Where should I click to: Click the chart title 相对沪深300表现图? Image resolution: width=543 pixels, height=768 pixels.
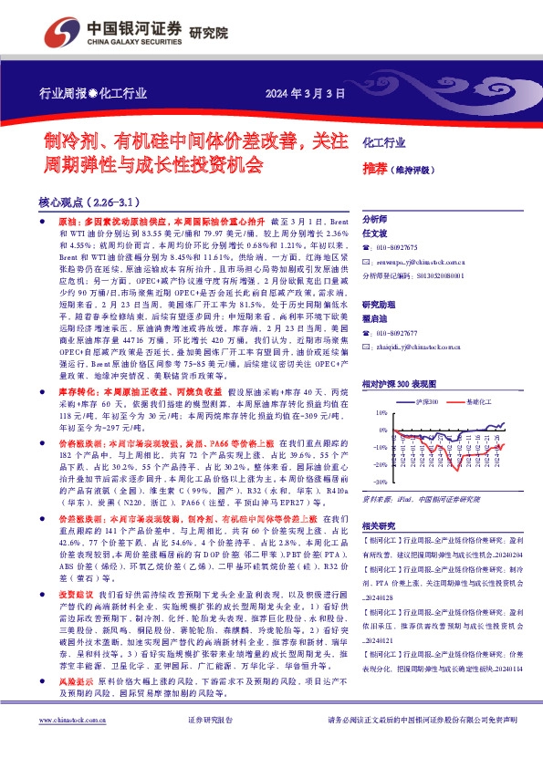tap(402, 386)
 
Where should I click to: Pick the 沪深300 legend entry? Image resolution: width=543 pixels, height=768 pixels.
tap(427, 402)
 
